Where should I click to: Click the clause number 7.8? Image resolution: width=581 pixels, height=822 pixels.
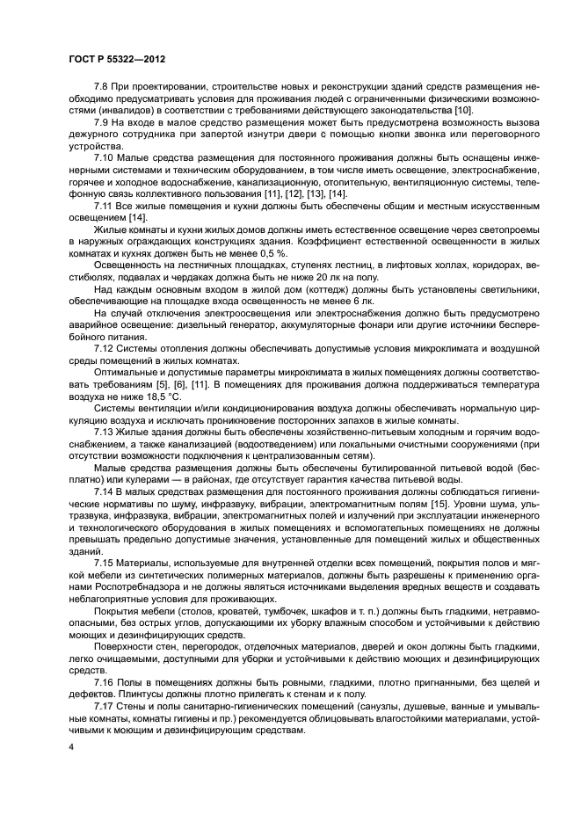pyautogui.click(x=103, y=89)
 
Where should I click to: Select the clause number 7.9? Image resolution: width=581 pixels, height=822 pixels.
pyautogui.click(x=103, y=123)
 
